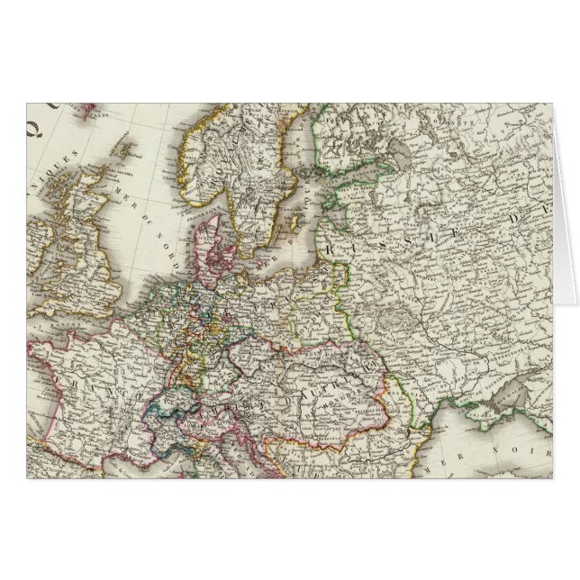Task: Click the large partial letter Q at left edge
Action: coord(36,118)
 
